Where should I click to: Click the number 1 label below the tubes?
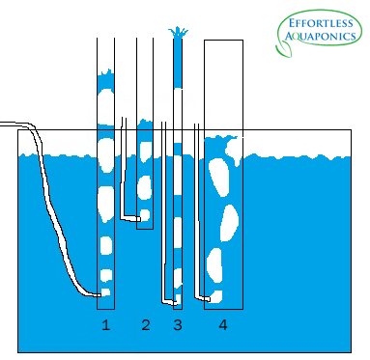[106, 325]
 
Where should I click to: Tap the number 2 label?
[146, 325]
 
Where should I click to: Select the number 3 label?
[177, 325]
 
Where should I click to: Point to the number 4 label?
[223, 325]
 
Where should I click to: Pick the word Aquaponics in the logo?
[318, 38]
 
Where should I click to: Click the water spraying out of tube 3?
[177, 35]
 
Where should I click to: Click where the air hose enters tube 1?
[100, 292]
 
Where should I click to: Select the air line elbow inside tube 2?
[126, 215]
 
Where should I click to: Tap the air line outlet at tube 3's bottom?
[174, 300]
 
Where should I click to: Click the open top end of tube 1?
[105, 42]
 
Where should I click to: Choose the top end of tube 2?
[145, 42]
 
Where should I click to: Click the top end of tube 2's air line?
[125, 120]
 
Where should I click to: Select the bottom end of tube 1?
[105, 308]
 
